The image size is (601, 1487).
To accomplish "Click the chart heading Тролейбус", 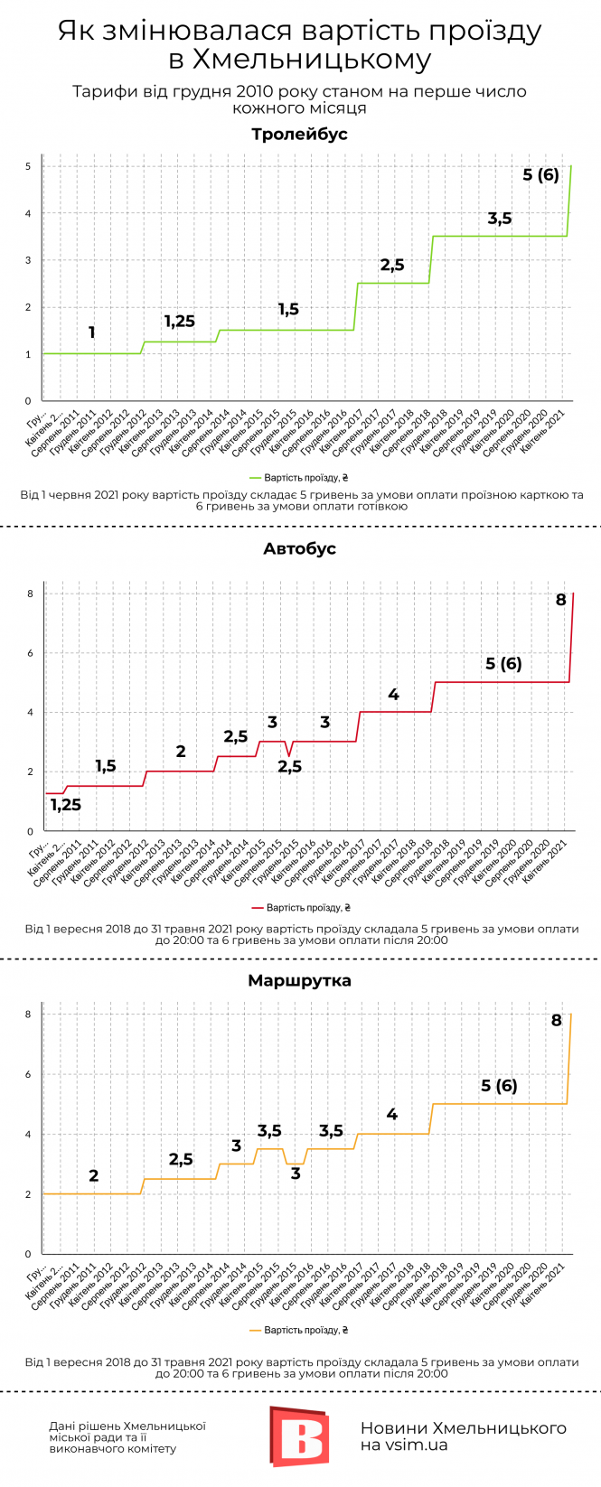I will click(x=299, y=135).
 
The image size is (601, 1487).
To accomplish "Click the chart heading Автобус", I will click(x=299, y=548).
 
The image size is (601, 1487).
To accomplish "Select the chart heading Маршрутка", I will click(x=299, y=980).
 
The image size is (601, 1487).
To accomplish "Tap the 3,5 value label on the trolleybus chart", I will click(x=499, y=219).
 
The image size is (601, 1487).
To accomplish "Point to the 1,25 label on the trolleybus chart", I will click(x=179, y=322).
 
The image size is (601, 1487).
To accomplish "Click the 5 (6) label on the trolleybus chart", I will click(x=540, y=174).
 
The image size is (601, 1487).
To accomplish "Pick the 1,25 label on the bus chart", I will click(x=65, y=805).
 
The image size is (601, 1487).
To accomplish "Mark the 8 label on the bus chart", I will click(x=560, y=600).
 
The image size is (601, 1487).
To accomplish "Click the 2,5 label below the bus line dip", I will click(x=289, y=767).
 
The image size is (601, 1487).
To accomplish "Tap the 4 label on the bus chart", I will click(x=393, y=695).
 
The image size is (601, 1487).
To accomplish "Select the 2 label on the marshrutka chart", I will click(x=93, y=1176).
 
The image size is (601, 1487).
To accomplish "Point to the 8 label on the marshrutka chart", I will click(x=556, y=1021).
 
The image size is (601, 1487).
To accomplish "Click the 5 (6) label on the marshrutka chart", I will click(x=499, y=1086).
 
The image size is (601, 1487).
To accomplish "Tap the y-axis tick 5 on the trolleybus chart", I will click(x=28, y=167).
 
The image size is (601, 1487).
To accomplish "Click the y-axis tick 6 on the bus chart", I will click(x=29, y=653).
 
